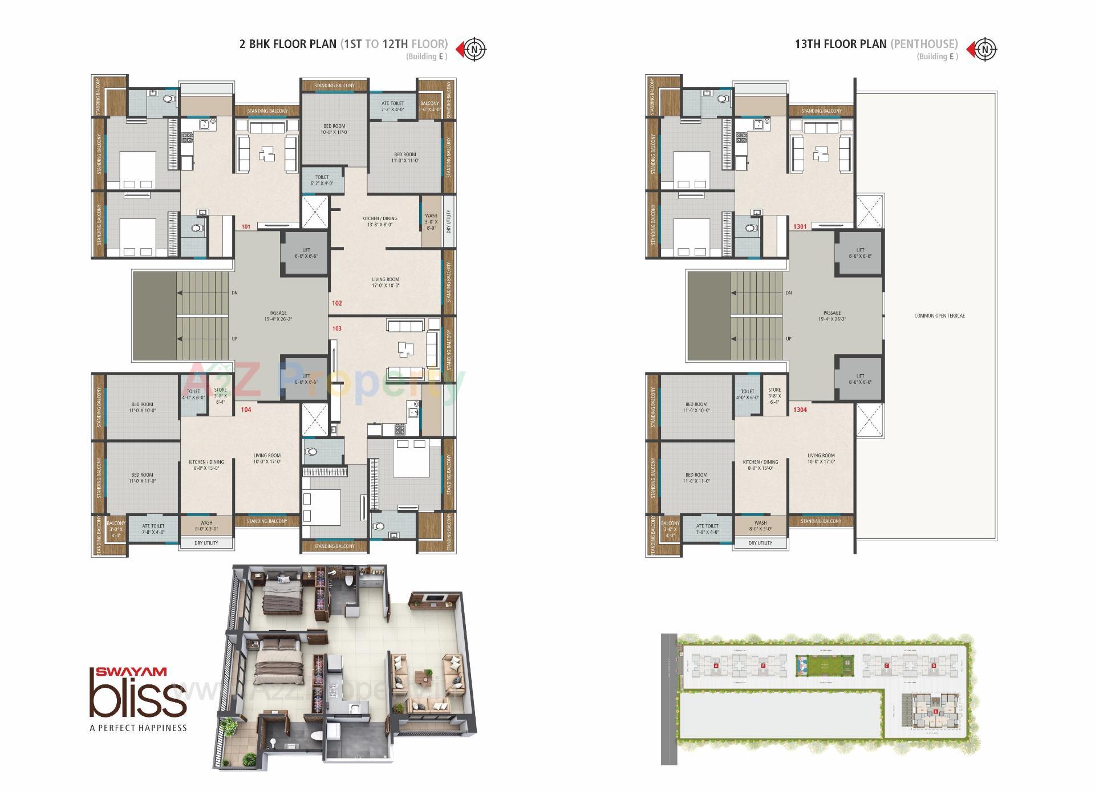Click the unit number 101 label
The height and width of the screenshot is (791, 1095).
[x=246, y=226]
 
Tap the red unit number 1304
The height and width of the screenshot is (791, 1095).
[x=800, y=409]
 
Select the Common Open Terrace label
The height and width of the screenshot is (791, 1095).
[x=939, y=315]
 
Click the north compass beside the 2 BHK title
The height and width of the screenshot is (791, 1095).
[x=474, y=48]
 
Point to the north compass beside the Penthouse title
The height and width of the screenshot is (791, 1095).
[x=984, y=48]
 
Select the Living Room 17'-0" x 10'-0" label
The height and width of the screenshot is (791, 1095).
[x=386, y=282]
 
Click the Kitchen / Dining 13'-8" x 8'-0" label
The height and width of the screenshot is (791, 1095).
[x=380, y=221]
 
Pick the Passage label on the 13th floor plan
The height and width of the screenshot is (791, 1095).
[x=832, y=316]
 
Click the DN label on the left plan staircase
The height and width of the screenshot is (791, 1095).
[x=234, y=293]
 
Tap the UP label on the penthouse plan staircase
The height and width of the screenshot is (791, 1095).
[x=789, y=339]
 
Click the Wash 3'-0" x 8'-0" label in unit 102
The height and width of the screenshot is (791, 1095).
[x=431, y=222]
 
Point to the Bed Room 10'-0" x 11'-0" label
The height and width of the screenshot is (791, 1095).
[x=334, y=129]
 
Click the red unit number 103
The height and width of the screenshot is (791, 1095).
[x=336, y=328]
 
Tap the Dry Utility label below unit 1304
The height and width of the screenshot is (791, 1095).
[x=760, y=543]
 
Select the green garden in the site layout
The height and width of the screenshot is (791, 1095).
[x=825, y=666]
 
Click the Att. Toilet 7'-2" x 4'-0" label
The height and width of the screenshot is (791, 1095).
[x=392, y=106]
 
